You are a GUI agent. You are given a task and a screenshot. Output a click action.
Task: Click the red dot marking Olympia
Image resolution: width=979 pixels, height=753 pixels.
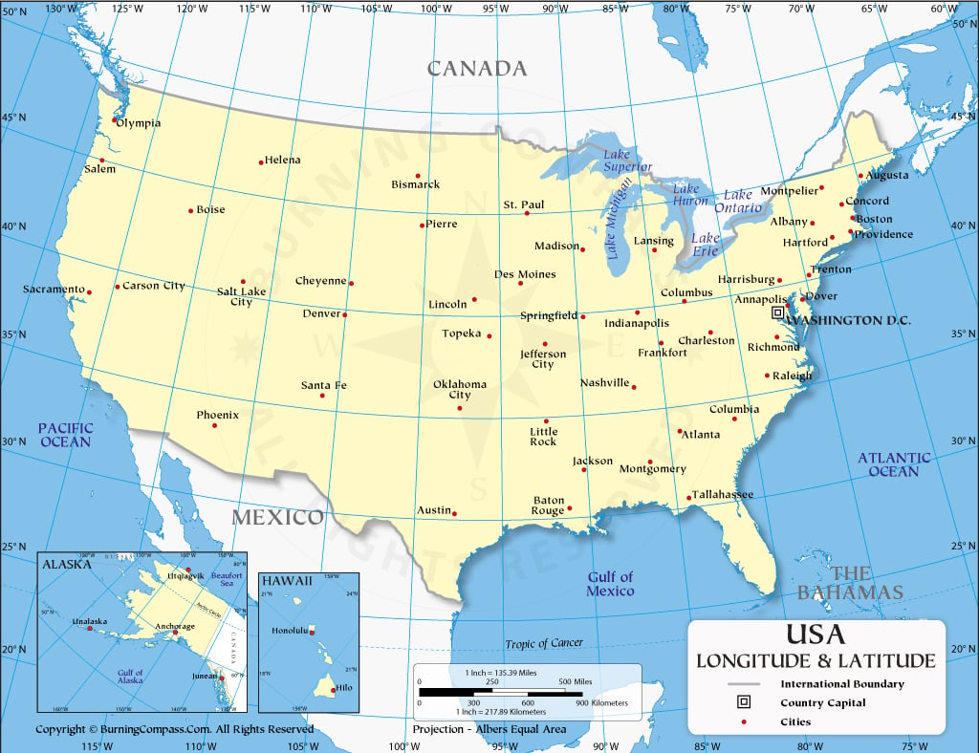pyautogui.click(x=115, y=120)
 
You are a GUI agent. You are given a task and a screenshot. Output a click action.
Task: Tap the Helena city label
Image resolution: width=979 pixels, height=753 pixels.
pyautogui.click(x=282, y=160)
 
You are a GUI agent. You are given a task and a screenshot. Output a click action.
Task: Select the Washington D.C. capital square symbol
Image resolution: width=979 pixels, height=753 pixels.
pyautogui.click(x=778, y=312)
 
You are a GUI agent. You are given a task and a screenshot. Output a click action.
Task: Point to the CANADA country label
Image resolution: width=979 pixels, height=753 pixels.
pyautogui.click(x=476, y=69)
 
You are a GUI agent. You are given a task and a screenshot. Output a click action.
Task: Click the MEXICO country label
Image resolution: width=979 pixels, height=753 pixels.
pyautogui.click(x=278, y=517)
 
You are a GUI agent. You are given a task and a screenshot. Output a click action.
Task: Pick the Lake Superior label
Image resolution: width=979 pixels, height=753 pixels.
pyautogui.click(x=627, y=161)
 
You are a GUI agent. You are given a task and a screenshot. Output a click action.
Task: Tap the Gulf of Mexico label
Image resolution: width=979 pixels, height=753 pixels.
pyautogui.click(x=610, y=584)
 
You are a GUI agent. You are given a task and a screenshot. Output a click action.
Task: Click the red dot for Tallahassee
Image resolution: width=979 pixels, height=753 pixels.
pyautogui.click(x=688, y=497)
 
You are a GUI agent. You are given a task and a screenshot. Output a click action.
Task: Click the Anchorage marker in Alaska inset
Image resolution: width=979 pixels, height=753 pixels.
pyautogui.click(x=174, y=633)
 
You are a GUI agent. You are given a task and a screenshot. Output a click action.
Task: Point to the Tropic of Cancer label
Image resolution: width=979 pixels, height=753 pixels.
pyautogui.click(x=544, y=643)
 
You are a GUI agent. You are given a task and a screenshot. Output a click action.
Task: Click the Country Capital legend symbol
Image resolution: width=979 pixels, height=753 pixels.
pyautogui.click(x=743, y=702)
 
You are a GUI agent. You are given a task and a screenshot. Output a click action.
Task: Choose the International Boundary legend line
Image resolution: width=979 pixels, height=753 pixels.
pyautogui.click(x=743, y=684)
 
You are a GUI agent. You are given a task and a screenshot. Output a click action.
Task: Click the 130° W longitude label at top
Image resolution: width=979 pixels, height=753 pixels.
pyautogui.click(x=60, y=9)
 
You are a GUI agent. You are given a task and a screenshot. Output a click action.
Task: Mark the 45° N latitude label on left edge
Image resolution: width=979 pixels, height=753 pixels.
pyautogui.click(x=13, y=118)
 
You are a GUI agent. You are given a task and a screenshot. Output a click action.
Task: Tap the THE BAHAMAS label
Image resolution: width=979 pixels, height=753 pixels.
pyautogui.click(x=851, y=583)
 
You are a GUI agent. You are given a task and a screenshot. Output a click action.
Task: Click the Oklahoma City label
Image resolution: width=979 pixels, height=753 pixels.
pyautogui.click(x=460, y=389)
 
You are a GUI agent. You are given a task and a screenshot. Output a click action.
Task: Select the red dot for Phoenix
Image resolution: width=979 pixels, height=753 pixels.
pyautogui.click(x=214, y=425)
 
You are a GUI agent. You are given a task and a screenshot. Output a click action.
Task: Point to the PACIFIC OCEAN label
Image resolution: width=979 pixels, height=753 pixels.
pyautogui.click(x=66, y=435)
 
